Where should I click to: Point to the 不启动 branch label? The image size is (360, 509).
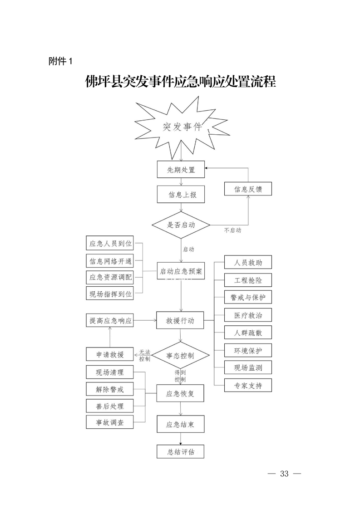point(233,230)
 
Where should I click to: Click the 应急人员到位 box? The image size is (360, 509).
point(110,244)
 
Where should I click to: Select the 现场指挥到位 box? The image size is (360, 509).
point(110,294)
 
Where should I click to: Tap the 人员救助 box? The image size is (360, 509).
point(248,263)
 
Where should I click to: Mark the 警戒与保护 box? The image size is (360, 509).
point(248,297)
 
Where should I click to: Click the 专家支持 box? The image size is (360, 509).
point(248,386)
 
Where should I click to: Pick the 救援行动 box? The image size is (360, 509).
point(180,320)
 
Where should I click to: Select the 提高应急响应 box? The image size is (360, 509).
point(110,321)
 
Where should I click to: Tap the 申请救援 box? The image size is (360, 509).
point(110,354)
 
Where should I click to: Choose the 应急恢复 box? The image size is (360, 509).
point(180,394)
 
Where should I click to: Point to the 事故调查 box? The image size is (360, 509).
point(109,422)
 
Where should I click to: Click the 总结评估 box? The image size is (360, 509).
point(180,452)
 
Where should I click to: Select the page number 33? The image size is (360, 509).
point(285,474)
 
